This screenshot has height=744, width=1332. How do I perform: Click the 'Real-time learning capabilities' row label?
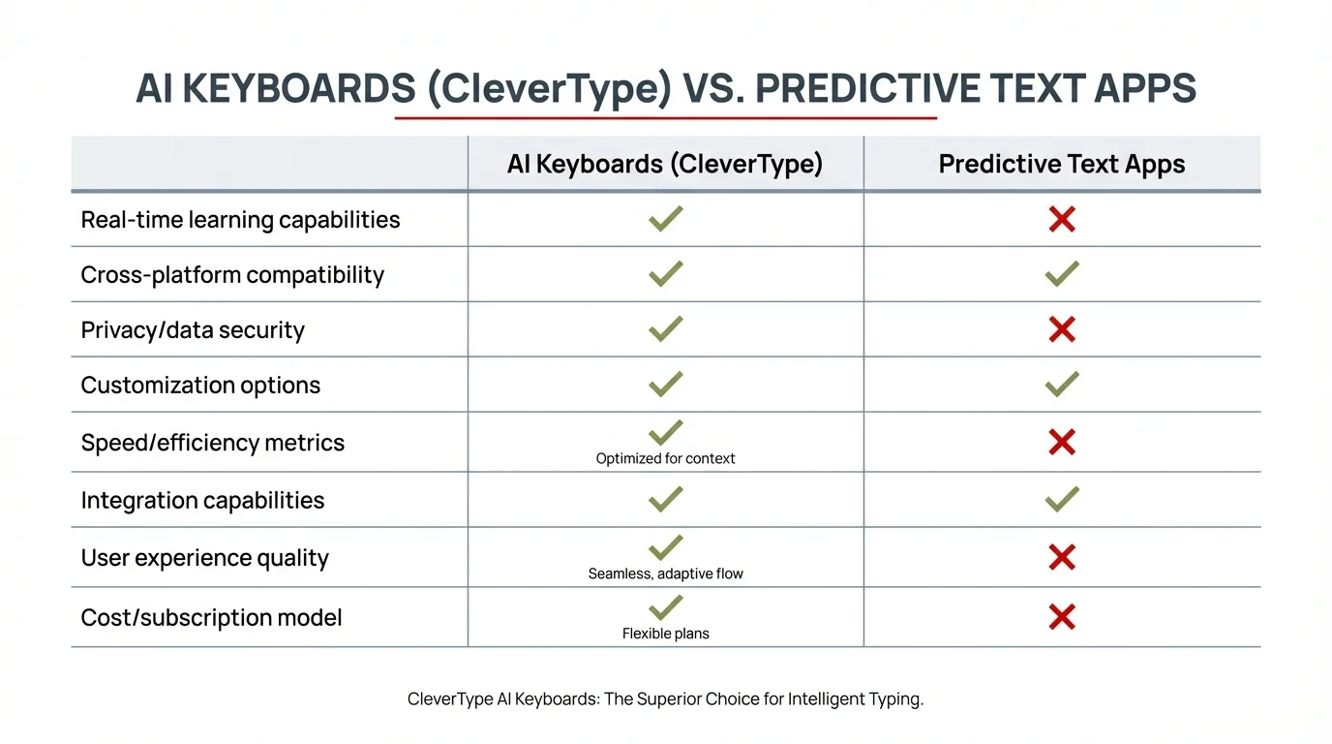click(240, 220)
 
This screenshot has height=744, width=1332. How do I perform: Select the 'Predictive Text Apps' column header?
click(1062, 164)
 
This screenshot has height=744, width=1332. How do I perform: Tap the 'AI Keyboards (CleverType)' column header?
click(665, 164)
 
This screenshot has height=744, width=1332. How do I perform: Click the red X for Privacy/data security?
click(1062, 330)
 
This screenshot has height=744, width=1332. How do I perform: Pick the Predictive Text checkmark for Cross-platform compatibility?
click(1062, 274)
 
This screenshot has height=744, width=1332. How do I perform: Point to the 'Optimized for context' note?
click(665, 459)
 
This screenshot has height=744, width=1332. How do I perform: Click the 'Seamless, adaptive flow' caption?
click(665, 573)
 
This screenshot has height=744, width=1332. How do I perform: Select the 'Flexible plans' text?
click(665, 634)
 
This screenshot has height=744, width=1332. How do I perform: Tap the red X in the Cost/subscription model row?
click(1062, 617)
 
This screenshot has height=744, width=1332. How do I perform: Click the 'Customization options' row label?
click(200, 386)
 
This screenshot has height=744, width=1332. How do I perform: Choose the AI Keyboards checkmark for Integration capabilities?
click(665, 499)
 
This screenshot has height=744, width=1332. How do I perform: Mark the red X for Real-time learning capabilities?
click(1062, 220)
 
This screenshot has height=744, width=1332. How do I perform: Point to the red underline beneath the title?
click(665, 118)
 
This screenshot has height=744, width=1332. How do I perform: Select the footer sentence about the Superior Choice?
click(665, 698)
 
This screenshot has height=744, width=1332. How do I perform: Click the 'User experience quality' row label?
click(204, 558)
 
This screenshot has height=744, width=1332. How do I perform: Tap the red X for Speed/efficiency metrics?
click(1062, 443)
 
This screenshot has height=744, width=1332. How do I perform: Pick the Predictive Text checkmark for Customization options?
click(1062, 385)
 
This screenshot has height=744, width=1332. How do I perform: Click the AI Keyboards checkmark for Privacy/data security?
click(665, 329)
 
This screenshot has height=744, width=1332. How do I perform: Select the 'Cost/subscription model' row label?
click(211, 618)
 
